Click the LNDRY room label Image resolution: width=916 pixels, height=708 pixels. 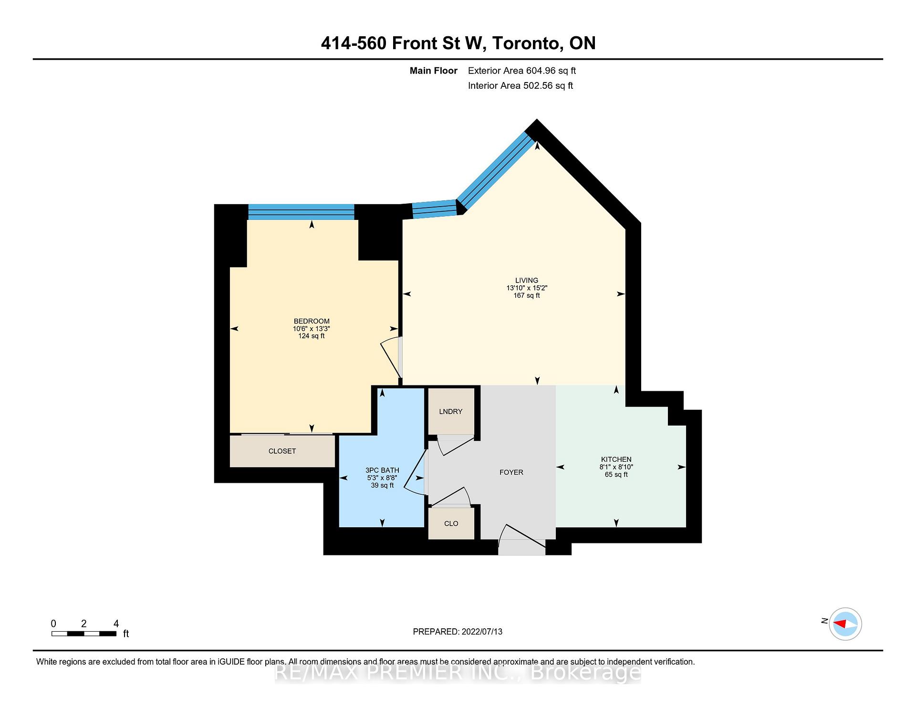450,411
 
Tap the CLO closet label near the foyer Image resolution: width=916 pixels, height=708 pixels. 451,523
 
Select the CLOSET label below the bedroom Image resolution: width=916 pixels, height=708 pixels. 282,451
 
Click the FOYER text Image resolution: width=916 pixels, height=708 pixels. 511,472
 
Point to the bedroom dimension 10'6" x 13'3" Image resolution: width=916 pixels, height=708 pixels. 311,329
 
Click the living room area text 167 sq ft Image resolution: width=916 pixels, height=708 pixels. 526,295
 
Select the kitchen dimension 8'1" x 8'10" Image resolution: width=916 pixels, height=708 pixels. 616,467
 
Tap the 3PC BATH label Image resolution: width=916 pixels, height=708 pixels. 382,470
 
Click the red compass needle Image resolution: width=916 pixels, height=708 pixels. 840,624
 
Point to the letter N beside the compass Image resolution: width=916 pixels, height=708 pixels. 824,621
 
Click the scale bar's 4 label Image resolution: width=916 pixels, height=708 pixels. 116,624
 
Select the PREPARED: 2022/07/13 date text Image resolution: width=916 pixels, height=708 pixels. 457,632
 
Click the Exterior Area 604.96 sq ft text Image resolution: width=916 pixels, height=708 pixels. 521,71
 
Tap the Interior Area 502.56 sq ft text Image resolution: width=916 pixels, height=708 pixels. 520,86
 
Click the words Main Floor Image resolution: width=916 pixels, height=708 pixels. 433,71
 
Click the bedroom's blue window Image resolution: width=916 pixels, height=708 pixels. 301,212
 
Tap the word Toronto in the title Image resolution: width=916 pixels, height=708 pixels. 526,43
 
